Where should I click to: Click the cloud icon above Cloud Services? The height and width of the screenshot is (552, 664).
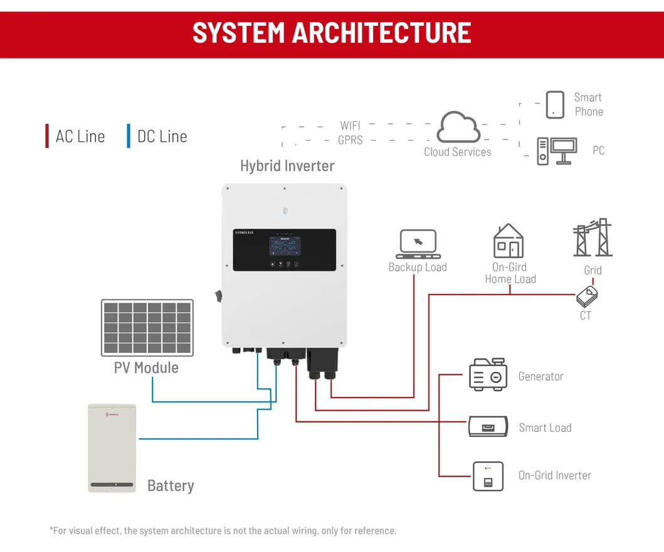tap(458, 127)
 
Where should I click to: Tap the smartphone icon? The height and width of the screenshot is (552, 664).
tap(555, 104)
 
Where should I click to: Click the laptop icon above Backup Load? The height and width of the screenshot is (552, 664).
tap(418, 244)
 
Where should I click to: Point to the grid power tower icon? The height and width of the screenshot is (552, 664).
tap(593, 238)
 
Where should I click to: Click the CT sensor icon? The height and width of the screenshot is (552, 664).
tap(588, 295)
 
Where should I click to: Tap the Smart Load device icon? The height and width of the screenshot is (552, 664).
tap(488, 427)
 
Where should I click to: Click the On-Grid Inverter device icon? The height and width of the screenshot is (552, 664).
tap(488, 476)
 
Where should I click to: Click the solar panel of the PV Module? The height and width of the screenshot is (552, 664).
tap(147, 327)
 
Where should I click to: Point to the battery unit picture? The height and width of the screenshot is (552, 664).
tap(112, 448)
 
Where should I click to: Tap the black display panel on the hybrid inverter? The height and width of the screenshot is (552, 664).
tap(284, 250)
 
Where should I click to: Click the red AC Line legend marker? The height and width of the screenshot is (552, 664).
tap(47, 136)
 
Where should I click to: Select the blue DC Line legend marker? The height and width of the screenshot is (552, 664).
tap(129, 136)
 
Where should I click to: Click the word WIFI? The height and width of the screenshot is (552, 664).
tap(350, 126)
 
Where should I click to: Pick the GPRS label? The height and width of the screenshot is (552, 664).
tap(350, 140)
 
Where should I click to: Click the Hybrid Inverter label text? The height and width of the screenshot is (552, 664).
tap(287, 166)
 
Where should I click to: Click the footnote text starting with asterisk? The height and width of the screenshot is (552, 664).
tap(223, 531)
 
